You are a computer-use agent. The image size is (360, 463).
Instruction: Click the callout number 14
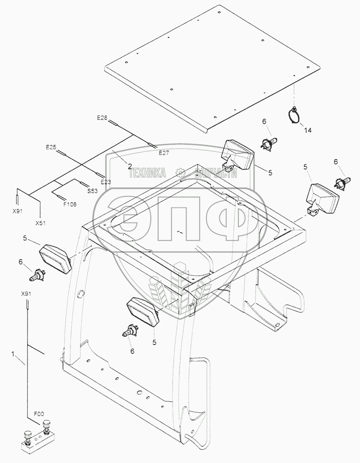point(308,130)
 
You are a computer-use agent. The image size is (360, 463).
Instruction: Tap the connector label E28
point(102,118)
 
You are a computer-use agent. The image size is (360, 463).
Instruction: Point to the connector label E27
point(164,152)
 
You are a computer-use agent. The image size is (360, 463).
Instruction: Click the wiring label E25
point(51,147)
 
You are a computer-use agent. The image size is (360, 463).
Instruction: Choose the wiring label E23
point(106,182)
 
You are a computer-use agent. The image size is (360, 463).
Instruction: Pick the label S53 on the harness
point(92,191)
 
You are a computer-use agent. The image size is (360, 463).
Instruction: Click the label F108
point(70,204)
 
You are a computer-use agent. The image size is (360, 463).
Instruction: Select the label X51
point(41,223)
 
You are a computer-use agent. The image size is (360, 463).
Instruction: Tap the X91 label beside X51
point(17,211)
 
